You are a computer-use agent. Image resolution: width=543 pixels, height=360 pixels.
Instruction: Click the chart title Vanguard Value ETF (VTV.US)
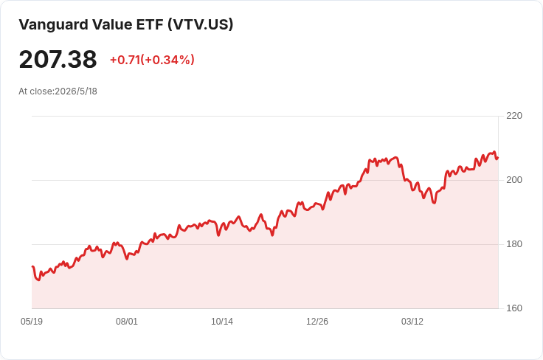pyautogui.click(x=126, y=24)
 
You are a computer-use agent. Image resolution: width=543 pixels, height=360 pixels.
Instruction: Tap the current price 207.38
pyautogui.click(x=58, y=59)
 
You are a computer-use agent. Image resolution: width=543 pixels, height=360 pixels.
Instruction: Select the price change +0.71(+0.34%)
pyautogui.click(x=152, y=60)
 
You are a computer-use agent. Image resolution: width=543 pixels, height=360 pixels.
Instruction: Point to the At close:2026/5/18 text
pyautogui.click(x=58, y=91)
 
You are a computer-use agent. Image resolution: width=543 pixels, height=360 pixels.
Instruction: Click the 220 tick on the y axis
pyautogui.click(x=514, y=116)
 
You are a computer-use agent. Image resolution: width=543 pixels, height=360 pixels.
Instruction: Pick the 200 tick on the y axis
pyautogui.click(x=514, y=180)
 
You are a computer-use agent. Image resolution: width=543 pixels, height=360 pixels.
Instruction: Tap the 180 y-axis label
pyautogui.click(x=514, y=244)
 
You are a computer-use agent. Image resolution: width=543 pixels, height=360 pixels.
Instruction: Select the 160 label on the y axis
pyautogui.click(x=514, y=308)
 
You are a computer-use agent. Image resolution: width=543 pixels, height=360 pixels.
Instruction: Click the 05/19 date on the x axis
pyautogui.click(x=32, y=322)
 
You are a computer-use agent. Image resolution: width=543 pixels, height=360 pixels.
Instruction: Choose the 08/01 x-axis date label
pyautogui.click(x=127, y=322)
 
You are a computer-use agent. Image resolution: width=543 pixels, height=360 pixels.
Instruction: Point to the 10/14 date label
pyautogui.click(x=222, y=322)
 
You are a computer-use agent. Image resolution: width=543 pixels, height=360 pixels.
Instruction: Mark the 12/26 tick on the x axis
pyautogui.click(x=317, y=322)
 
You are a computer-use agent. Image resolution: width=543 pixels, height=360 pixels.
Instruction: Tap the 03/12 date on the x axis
pyautogui.click(x=412, y=322)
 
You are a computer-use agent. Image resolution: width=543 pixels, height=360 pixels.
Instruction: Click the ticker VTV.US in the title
pyautogui.click(x=201, y=24)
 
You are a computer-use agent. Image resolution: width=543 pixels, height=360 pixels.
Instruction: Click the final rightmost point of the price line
pyautogui.click(x=498, y=158)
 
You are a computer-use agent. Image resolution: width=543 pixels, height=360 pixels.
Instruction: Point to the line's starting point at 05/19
pyautogui.click(x=32, y=266)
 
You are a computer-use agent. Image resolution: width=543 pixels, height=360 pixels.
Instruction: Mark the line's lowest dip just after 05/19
pyautogui.click(x=39, y=280)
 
